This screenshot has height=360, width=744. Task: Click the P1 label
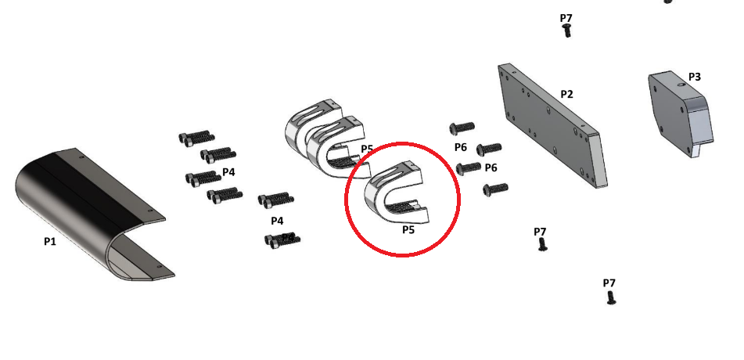click(50, 241)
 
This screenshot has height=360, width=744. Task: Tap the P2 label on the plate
click(566, 94)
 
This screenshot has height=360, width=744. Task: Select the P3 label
click(694, 77)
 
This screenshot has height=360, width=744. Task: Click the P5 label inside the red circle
click(408, 230)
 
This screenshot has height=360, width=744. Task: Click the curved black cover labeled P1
click(90, 214)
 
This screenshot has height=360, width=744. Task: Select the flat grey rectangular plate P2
click(553, 126)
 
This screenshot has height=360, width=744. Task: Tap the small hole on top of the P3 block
click(681, 85)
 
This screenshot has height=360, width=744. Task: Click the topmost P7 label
click(566, 18)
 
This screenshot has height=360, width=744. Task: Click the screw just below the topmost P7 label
click(566, 31)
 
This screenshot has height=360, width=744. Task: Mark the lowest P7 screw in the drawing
click(611, 298)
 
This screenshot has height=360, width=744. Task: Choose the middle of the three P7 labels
click(540, 232)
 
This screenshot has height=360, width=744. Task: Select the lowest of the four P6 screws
click(495, 189)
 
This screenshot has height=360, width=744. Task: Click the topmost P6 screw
click(462, 128)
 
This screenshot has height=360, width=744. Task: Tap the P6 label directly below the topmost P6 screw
click(460, 147)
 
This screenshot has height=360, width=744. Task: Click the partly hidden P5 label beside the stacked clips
click(367, 149)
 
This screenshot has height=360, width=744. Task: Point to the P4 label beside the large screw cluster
click(228, 172)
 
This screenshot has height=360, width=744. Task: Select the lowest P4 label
click(277, 221)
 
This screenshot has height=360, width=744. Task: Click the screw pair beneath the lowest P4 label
click(282, 239)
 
